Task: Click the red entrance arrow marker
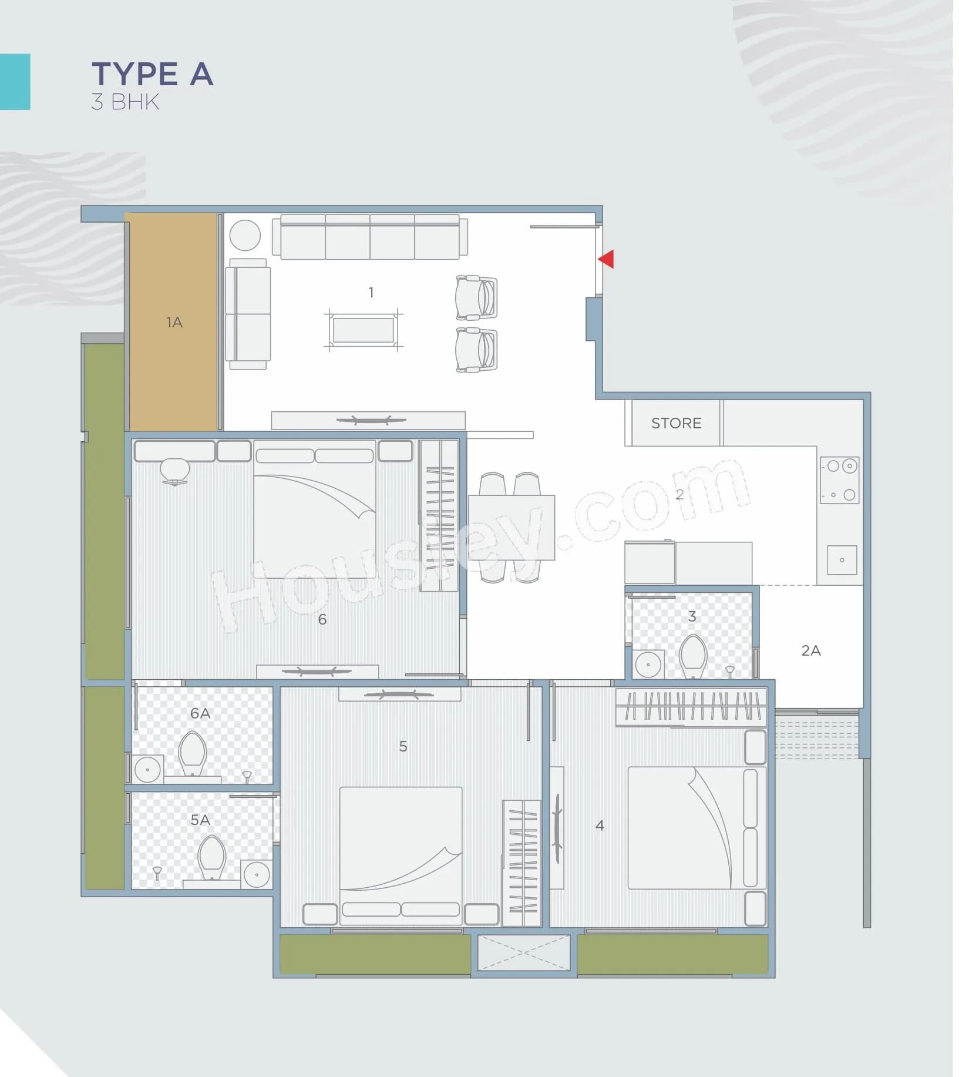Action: tap(607, 259)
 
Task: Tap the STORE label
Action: tap(676, 423)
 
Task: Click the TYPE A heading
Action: tap(152, 74)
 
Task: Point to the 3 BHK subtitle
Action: tap(125, 102)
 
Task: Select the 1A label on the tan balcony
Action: tap(174, 322)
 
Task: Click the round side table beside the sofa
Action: tap(245, 235)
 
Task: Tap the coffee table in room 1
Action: tap(363, 330)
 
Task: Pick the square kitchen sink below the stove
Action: tap(842, 559)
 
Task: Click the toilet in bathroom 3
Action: tap(692, 655)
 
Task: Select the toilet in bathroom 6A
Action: tap(192, 753)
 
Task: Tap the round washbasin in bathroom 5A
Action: tap(257, 874)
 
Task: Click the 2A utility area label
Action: tap(810, 650)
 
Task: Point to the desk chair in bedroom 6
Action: tap(174, 471)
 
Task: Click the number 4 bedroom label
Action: tap(599, 826)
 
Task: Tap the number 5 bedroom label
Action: tap(403, 746)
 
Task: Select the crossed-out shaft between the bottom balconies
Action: tap(524, 952)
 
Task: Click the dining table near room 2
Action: tap(511, 527)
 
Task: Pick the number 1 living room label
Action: tap(371, 292)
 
